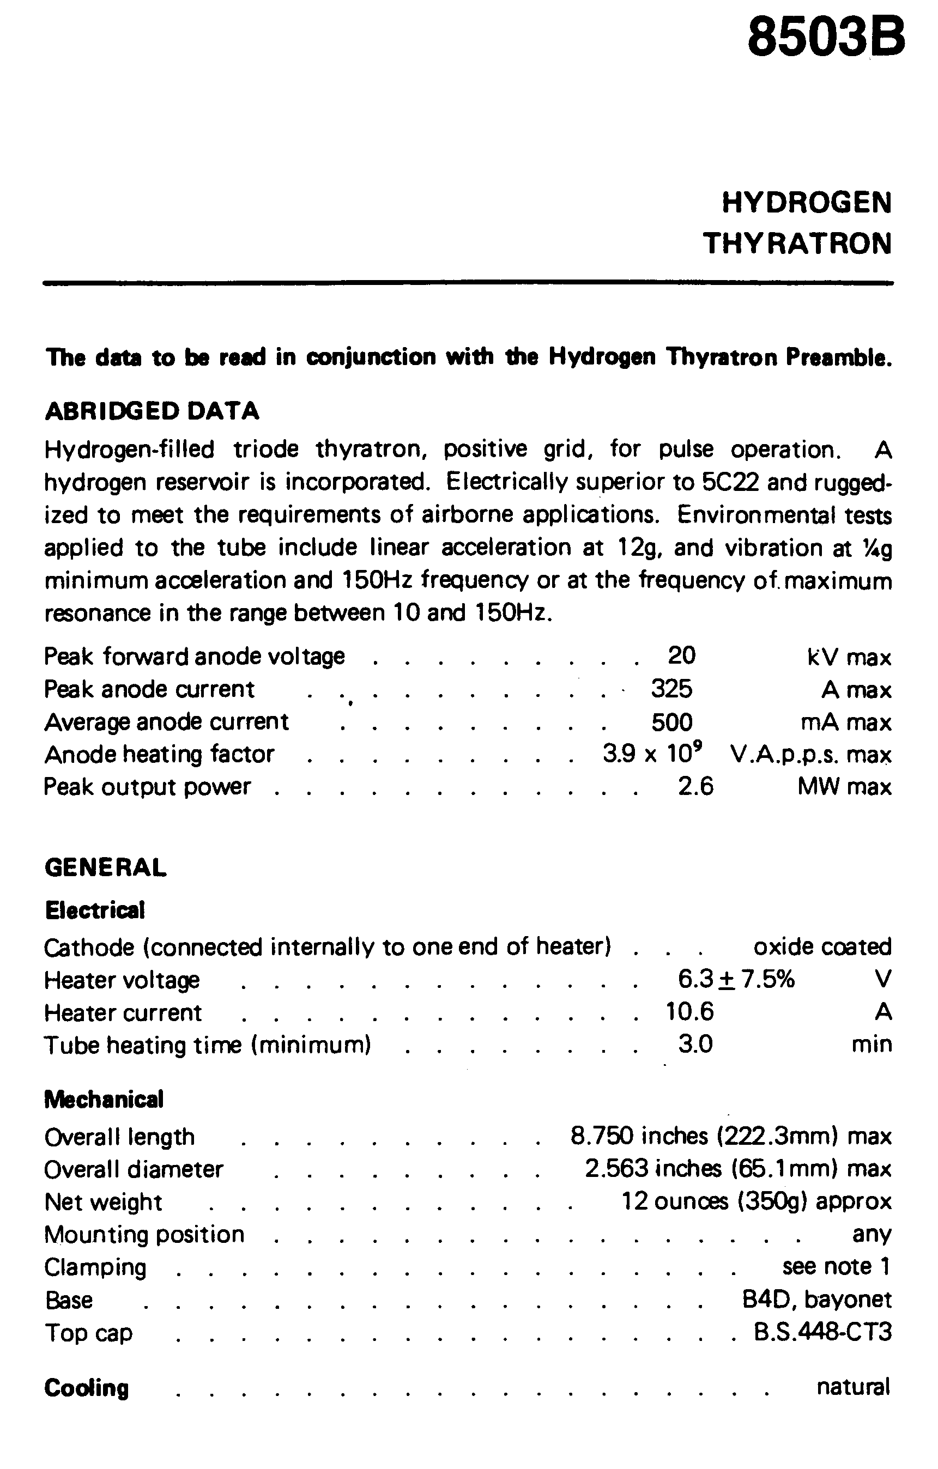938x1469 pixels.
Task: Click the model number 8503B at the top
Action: pyautogui.click(x=826, y=38)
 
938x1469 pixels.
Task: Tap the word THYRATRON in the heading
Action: pyautogui.click(x=797, y=244)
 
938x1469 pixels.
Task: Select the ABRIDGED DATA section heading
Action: pyautogui.click(x=152, y=411)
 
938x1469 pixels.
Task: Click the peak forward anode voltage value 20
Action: pyautogui.click(x=682, y=656)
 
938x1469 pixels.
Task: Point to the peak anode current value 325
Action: pyautogui.click(x=671, y=689)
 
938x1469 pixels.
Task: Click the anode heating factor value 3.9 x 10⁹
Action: pyautogui.click(x=652, y=754)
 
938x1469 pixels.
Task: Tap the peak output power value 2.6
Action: pyautogui.click(x=695, y=787)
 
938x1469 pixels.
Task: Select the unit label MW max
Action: pyautogui.click(x=844, y=787)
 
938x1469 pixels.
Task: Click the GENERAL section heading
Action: pyautogui.click(x=105, y=867)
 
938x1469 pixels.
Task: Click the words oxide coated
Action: pyautogui.click(x=822, y=947)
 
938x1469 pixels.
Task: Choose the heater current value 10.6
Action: pyautogui.click(x=689, y=1012)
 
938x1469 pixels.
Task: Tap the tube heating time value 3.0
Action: pyautogui.click(x=695, y=1045)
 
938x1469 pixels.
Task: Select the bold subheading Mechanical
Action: pyautogui.click(x=104, y=1100)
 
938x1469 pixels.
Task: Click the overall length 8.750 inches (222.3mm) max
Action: pyautogui.click(x=730, y=1137)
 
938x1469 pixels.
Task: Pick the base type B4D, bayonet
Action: pyautogui.click(x=816, y=1300)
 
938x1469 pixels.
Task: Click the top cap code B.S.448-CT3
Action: pyautogui.click(x=822, y=1332)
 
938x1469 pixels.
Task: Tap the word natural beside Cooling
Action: pyautogui.click(x=853, y=1387)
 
